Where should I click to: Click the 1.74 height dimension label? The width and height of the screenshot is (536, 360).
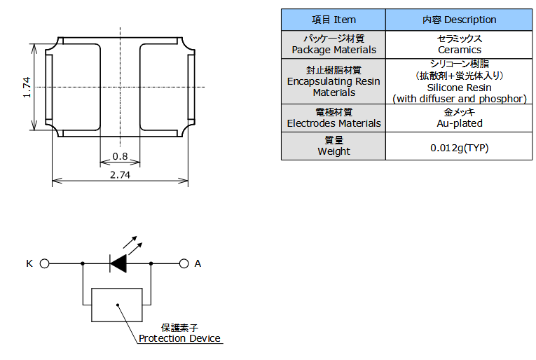click(27, 87)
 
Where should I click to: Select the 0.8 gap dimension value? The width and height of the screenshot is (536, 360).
click(120, 156)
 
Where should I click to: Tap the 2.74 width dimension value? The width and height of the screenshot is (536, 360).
click(120, 175)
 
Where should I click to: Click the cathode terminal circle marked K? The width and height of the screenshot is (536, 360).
click(44, 264)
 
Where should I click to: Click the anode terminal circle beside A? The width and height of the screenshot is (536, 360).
click(184, 264)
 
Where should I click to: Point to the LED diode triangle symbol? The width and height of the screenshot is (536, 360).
click(118, 264)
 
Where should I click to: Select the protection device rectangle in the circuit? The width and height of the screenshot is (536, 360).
click(117, 305)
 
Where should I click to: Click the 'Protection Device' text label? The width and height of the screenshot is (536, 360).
click(179, 339)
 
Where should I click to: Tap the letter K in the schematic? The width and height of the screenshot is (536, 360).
click(29, 264)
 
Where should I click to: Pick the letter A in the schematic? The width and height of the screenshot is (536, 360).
click(198, 264)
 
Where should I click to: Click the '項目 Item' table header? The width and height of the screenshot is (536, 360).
click(334, 20)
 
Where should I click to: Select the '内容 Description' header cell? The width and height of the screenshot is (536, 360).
click(459, 20)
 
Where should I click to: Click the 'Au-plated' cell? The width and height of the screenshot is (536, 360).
click(459, 123)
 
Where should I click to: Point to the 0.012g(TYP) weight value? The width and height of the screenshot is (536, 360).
click(459, 148)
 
